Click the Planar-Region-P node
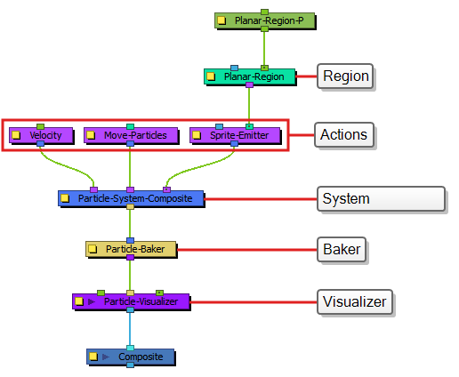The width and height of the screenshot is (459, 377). point(264,20)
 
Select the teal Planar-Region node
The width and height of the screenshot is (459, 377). point(250,76)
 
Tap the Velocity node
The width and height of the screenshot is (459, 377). point(41,135)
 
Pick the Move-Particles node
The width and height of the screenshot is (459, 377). point(131,135)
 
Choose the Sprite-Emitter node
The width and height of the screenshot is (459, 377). point(235,135)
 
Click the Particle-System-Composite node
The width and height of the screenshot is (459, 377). point(131,198)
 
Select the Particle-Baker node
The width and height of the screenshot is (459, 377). point(131,249)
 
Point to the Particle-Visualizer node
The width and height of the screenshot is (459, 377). point(131,301)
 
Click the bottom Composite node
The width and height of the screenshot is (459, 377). point(131,357)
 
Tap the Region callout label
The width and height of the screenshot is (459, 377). point(346,76)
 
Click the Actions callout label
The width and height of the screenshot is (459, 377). point(343,135)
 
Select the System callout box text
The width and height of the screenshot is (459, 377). point(346,198)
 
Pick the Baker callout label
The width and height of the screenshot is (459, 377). point(342,249)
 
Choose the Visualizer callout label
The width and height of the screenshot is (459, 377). point(355,301)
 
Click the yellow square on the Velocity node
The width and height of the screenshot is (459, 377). point(16,135)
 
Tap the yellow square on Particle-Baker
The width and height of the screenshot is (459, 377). point(93,249)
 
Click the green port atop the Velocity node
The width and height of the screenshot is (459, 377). point(41,126)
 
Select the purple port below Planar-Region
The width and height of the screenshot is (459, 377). point(249,85)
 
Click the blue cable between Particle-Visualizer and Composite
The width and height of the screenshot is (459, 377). point(130,329)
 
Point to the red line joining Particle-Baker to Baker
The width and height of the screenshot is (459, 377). point(246,250)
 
